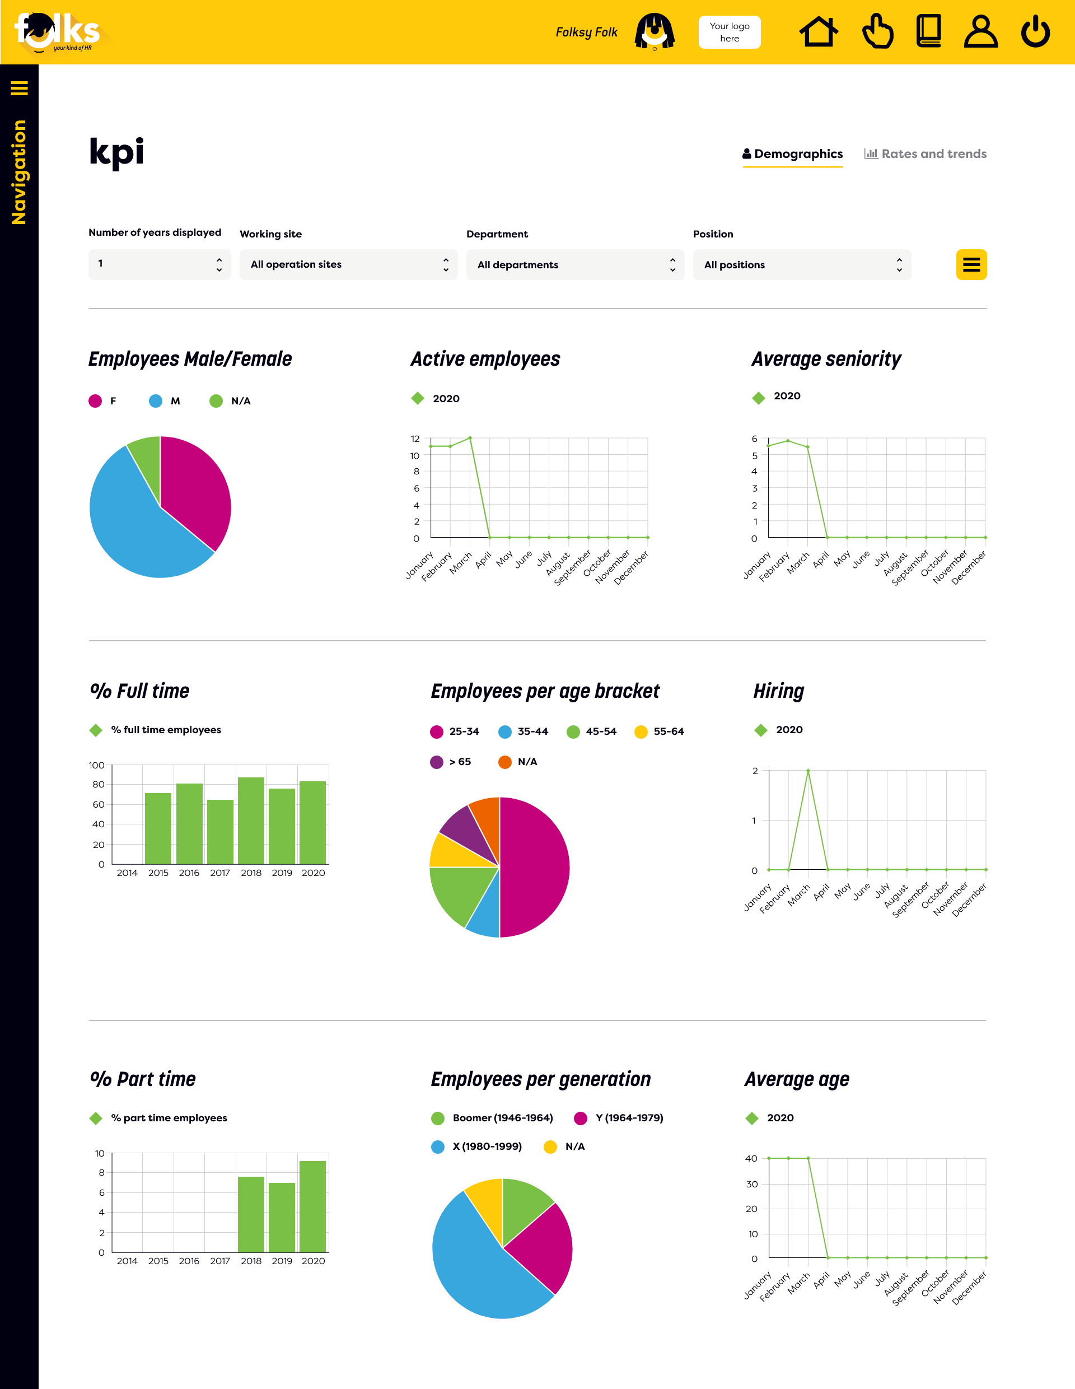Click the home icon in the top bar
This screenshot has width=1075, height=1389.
818,32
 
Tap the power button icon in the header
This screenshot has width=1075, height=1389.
1035,32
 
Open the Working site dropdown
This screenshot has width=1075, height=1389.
348,264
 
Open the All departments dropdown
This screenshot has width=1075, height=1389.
574,264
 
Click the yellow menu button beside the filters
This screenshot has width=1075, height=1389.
971,264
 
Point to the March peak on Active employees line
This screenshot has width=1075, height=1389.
470,438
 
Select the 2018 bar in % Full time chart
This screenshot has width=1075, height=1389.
251,821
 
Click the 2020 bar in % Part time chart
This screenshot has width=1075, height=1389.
313,1206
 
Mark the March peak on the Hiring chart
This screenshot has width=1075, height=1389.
808,771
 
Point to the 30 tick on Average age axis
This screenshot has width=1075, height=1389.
752,1184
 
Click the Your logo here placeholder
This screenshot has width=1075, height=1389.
729,32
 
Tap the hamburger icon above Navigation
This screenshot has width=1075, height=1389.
19,88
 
